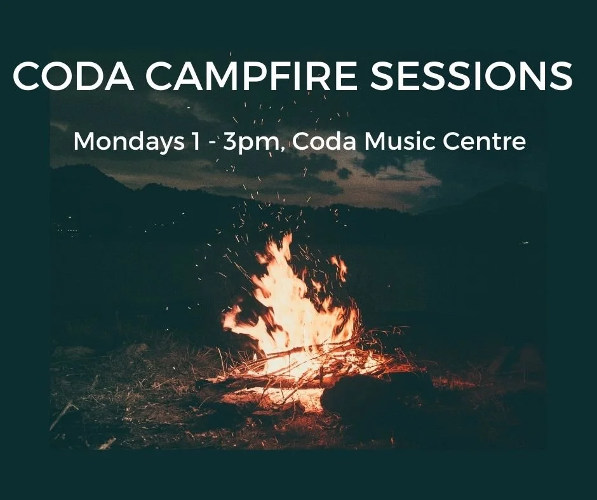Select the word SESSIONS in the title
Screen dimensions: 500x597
[x=462, y=77]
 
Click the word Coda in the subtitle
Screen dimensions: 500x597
[x=323, y=141]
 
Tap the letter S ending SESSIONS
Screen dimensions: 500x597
[x=558, y=77]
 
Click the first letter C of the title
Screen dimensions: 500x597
[x=25, y=77]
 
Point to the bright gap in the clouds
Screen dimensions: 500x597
[x=406, y=184]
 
